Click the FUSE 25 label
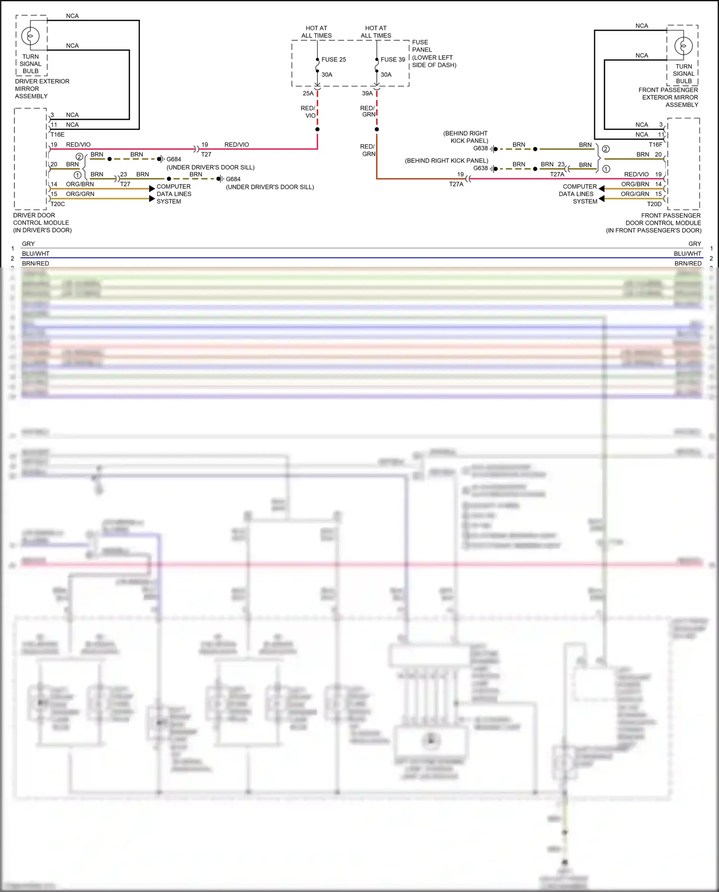pyautogui.click(x=334, y=59)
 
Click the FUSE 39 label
pyautogui.click(x=393, y=59)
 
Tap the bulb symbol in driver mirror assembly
pyautogui.click(x=30, y=36)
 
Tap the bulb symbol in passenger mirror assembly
pyautogui.click(x=683, y=46)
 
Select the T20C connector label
pyautogui.click(x=58, y=204)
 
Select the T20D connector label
pyautogui.click(x=654, y=204)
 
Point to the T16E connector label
pyautogui.click(x=58, y=135)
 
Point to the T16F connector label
pyautogui.click(x=655, y=145)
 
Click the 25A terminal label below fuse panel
pyautogui.click(x=308, y=93)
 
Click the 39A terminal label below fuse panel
pyautogui.click(x=367, y=93)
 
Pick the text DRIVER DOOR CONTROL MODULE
pyautogui.click(x=42, y=223)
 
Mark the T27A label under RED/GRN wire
pyautogui.click(x=456, y=184)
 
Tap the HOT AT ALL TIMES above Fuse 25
pyautogui.click(x=316, y=32)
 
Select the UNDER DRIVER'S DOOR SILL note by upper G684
pyautogui.click(x=210, y=167)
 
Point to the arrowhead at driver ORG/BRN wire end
pyautogui.click(x=152, y=188)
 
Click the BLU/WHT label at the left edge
pyautogui.click(x=35, y=254)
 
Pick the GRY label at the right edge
pyautogui.click(x=695, y=244)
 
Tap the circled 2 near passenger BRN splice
pyautogui.click(x=606, y=149)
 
